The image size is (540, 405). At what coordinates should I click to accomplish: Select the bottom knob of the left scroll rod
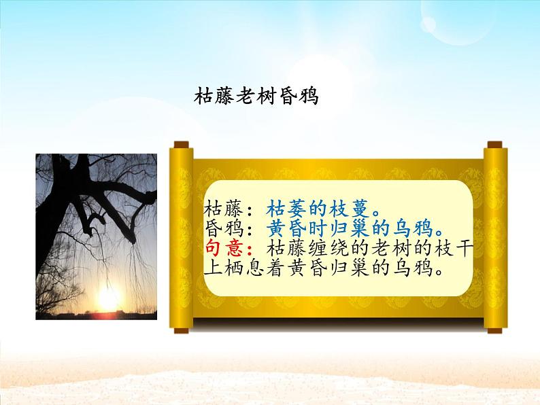tap(180, 330)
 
